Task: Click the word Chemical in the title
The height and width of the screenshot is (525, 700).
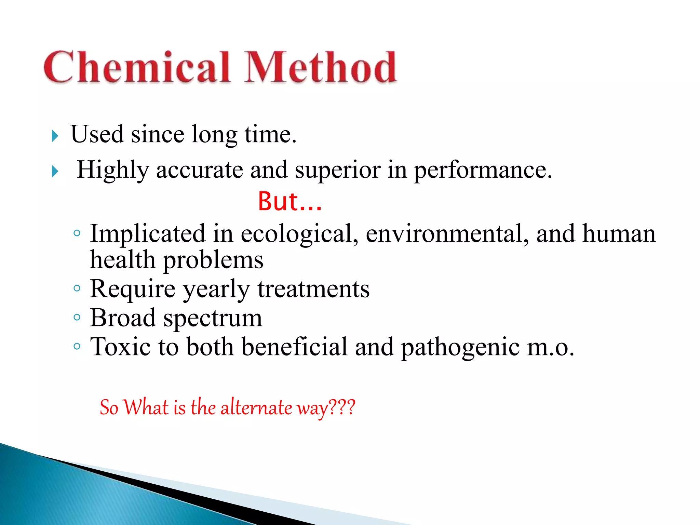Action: click(137, 67)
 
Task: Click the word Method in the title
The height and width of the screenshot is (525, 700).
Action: click(321, 67)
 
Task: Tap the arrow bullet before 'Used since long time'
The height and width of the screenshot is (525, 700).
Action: click(55, 136)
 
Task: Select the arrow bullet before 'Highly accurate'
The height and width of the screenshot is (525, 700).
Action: click(55, 171)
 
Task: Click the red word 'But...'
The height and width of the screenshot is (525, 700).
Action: click(290, 202)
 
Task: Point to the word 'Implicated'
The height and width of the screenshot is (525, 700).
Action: click(147, 234)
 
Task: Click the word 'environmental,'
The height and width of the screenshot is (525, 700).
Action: click(447, 234)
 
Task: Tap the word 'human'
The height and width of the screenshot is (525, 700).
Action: click(619, 234)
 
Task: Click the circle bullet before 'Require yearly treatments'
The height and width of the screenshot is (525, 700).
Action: click(77, 288)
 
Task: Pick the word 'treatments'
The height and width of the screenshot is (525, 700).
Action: click(313, 289)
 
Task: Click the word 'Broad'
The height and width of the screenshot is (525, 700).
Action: click(123, 318)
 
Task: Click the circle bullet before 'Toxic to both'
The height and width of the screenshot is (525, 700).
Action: click(77, 347)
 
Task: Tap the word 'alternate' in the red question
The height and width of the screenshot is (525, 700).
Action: click(256, 407)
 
